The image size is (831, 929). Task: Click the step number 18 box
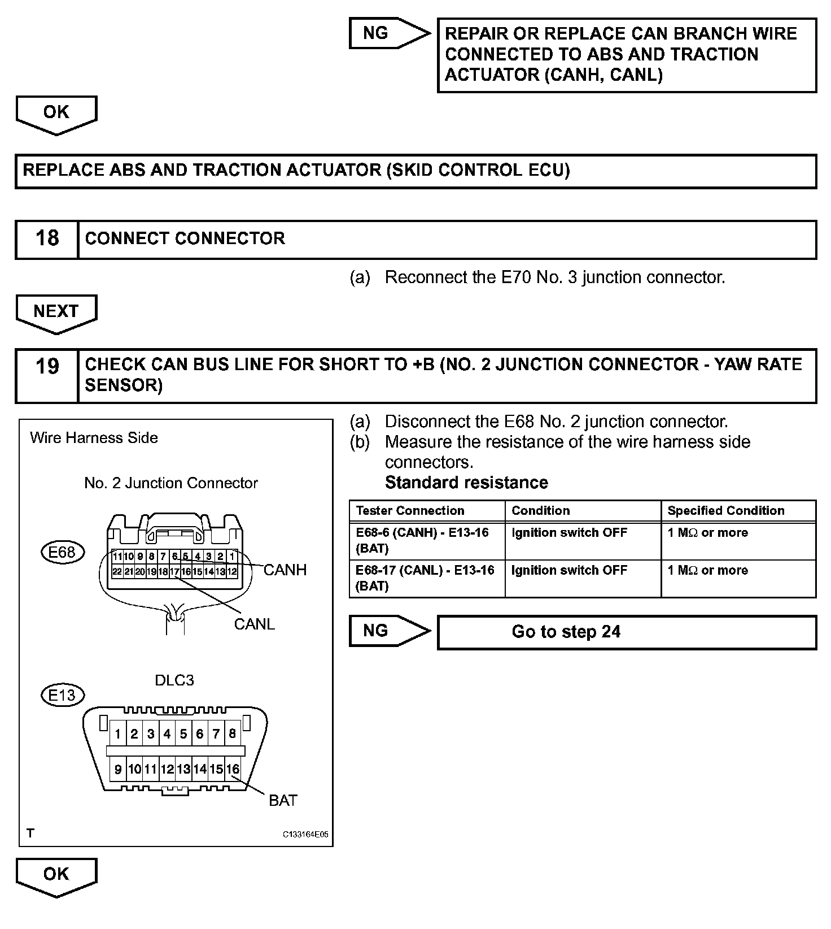(x=47, y=239)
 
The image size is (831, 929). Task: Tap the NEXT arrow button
(x=56, y=312)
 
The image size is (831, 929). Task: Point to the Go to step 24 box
(x=626, y=632)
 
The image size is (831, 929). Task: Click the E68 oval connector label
(x=62, y=552)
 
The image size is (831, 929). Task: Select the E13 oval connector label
(x=62, y=694)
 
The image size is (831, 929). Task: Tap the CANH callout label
(x=285, y=570)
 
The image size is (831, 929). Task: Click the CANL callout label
(x=254, y=624)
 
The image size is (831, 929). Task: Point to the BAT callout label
(x=283, y=800)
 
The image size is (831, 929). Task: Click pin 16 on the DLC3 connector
(x=233, y=769)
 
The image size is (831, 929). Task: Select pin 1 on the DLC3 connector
(x=117, y=734)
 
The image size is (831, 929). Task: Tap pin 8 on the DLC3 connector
(x=232, y=734)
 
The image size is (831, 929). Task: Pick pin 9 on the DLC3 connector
(x=118, y=769)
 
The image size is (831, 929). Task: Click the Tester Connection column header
(x=410, y=511)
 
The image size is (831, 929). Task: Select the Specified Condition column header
(x=725, y=511)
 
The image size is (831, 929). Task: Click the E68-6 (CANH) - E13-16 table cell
(x=422, y=540)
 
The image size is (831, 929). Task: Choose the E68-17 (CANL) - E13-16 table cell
(x=425, y=578)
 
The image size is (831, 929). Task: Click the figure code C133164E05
(x=305, y=834)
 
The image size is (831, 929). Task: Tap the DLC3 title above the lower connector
(x=174, y=680)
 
